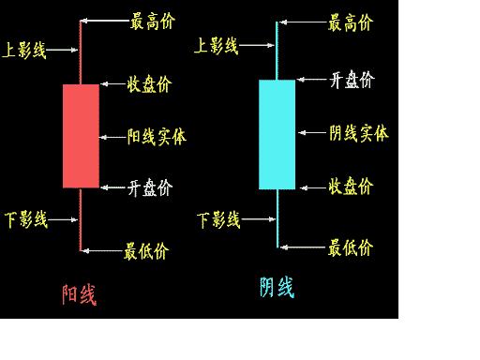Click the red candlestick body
point(81,136)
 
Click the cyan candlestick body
point(277,134)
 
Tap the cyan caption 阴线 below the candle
point(277,287)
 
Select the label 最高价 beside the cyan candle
point(349,22)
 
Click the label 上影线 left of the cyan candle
point(216,44)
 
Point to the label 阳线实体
point(157,137)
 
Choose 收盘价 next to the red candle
point(150,86)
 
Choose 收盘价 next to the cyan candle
point(351,186)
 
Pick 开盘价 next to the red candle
point(150,187)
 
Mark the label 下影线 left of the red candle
point(25,220)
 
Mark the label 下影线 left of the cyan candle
point(219,220)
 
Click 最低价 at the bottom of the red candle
point(146,250)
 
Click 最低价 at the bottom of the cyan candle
point(350,247)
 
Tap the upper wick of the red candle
point(81,52)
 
